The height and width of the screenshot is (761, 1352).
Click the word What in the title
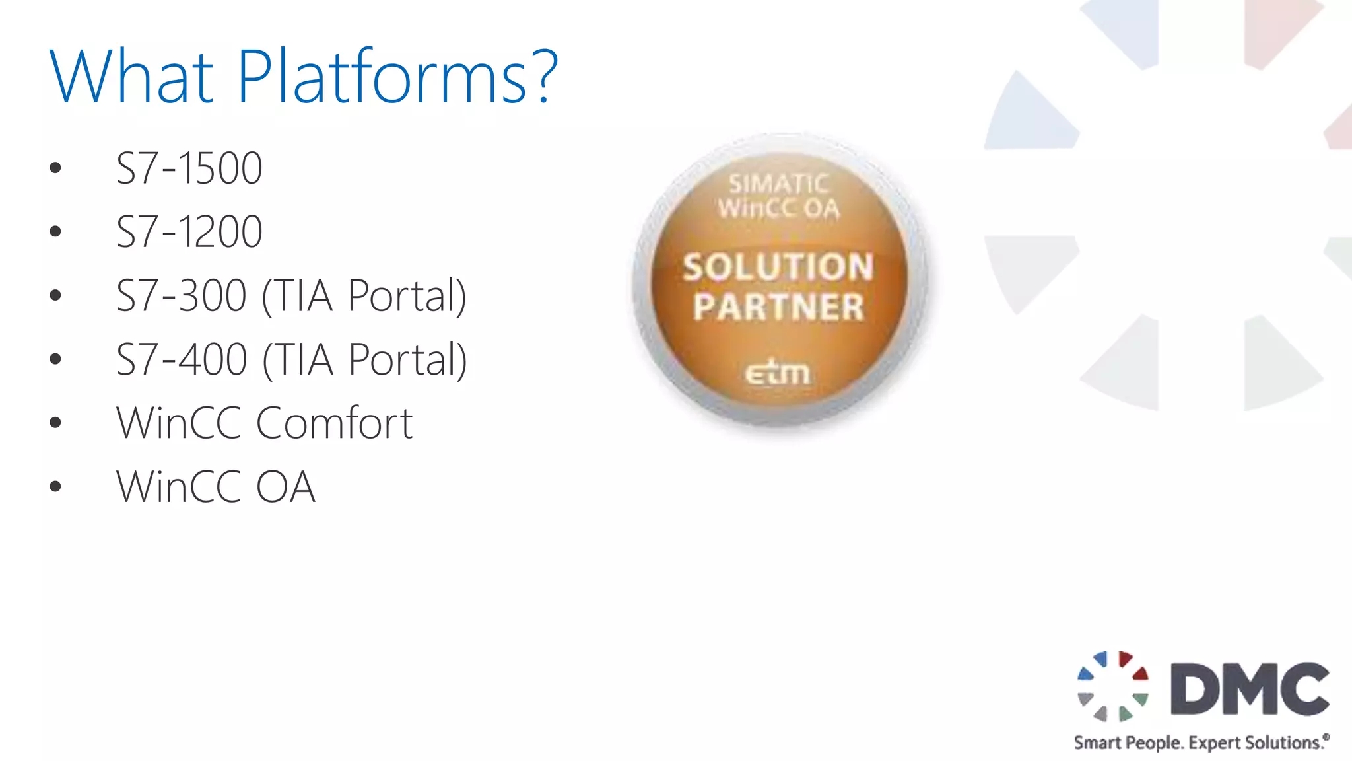[131, 77]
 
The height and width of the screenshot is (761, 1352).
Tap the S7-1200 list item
[189, 232]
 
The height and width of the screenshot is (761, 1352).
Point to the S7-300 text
[181, 295]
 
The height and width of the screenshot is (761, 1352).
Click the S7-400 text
[181, 359]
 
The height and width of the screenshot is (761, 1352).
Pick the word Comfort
[334, 423]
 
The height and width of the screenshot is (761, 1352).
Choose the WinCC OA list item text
[215, 487]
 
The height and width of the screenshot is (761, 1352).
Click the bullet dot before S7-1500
[55, 168]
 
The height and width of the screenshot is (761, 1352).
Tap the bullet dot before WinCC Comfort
[55, 423]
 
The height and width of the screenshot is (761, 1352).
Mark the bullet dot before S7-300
[55, 296]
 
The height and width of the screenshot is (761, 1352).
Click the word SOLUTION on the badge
[778, 268]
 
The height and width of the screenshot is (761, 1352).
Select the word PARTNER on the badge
[778, 307]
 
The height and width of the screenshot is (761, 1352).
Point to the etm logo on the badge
[777, 373]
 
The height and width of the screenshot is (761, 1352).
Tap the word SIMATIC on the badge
[778, 183]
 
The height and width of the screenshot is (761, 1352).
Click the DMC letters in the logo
[1250, 689]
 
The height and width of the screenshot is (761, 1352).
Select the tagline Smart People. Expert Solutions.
[1200, 743]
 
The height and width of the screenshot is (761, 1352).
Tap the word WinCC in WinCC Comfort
[178, 423]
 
